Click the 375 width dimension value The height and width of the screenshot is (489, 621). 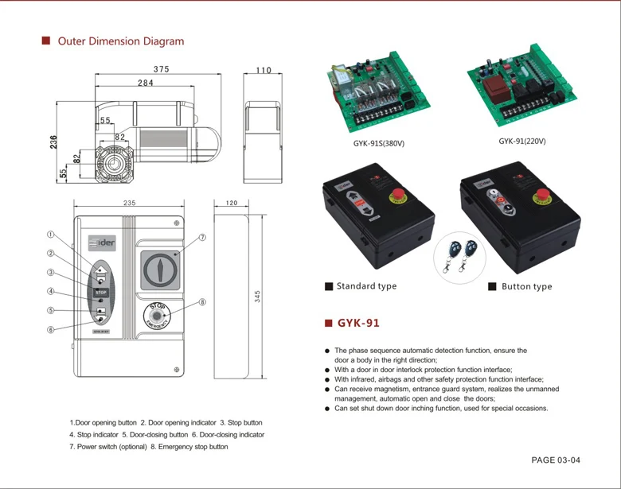pos(162,69)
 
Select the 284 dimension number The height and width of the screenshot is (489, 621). pos(146,83)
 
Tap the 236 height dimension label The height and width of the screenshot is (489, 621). pos(53,142)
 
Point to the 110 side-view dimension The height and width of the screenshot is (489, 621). pos(264,70)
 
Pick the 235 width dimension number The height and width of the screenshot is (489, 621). pos(129,203)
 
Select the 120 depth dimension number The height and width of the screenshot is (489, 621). pos(232,203)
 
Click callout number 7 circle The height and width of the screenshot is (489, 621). pos(203,237)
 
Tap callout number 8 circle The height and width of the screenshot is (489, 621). pos(203,302)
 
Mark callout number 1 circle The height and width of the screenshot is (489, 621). pos(50,235)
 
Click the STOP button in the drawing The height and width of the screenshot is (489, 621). pos(100,293)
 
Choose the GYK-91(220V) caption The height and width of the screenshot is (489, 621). pos(522,142)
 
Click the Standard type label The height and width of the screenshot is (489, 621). pos(366,286)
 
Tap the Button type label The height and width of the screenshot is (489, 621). pos(526,286)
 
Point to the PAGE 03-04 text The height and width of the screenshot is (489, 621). pos(556,460)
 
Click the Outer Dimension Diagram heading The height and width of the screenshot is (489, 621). pos(120,41)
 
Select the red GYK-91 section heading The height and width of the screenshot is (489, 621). pos(358,324)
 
